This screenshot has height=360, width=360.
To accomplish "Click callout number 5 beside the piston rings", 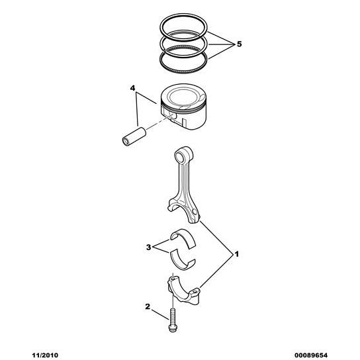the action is pyautogui.click(x=240, y=44).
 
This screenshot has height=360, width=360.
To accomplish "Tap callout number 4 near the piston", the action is pyautogui.click(x=133, y=88).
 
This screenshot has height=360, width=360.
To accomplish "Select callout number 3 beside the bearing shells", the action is pyautogui.click(x=148, y=247).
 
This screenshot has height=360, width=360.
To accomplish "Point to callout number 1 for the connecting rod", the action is pyautogui.click(x=236, y=254).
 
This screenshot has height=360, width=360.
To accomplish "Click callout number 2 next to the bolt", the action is pyautogui.click(x=148, y=306).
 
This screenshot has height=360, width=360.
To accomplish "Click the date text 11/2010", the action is pyautogui.click(x=45, y=355).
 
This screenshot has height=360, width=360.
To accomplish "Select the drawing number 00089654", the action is pyautogui.click(x=311, y=355).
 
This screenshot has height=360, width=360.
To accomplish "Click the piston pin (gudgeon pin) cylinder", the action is pyautogui.click(x=134, y=136).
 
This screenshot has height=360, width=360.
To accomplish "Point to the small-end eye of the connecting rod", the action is pyautogui.click(x=179, y=156).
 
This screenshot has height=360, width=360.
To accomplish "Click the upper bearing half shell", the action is pyautogui.click(x=183, y=238).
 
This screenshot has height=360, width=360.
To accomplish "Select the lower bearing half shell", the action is pyautogui.click(x=183, y=263).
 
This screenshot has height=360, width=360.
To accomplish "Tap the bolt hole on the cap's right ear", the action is pyautogui.click(x=195, y=292).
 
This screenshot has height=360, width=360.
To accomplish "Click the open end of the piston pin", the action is pyautogui.click(x=126, y=142).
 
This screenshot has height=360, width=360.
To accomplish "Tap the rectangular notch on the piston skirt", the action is pyautogui.click(x=184, y=122).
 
